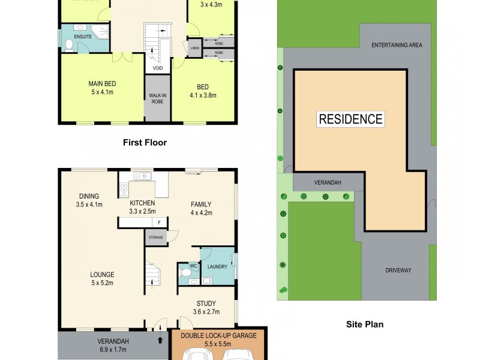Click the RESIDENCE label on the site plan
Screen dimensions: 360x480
click(x=350, y=119)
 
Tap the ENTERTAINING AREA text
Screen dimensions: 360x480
click(x=396, y=45)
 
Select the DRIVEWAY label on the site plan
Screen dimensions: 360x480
click(x=398, y=270)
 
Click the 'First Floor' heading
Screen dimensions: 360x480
click(x=145, y=143)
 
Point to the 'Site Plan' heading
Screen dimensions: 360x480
click(x=365, y=325)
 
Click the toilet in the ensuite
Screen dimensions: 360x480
click(x=69, y=44)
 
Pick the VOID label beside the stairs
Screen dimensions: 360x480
click(x=157, y=68)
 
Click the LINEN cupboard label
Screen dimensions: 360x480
click(x=194, y=48)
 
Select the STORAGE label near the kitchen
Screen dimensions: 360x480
click(x=155, y=238)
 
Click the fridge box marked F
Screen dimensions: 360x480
click(x=158, y=223)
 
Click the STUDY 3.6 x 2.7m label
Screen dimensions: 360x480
click(x=206, y=307)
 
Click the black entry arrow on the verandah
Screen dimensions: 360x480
click(x=160, y=340)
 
